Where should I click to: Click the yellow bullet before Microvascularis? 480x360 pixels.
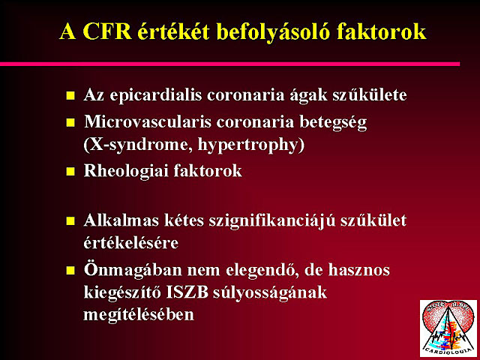70,123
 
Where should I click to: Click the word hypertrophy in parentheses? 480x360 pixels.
247,145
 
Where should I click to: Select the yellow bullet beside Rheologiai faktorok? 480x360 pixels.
70,171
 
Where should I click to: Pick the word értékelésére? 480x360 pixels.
131,243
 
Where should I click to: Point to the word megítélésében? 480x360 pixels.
139,315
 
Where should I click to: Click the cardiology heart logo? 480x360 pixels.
448,328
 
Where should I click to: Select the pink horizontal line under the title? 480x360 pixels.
230,64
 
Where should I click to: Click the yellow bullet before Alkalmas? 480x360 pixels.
70,221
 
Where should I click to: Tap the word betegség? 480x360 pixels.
333,122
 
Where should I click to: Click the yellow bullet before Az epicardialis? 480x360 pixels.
70,95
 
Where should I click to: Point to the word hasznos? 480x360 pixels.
359,270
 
